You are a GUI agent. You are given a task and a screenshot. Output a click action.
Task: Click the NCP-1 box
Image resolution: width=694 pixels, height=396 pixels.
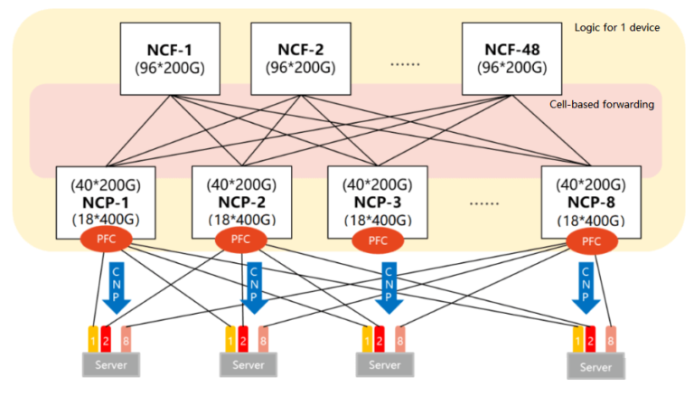pyautogui.click(x=106, y=201)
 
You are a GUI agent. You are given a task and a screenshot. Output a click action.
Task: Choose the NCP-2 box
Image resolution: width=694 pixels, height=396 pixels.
pyautogui.click(x=241, y=201)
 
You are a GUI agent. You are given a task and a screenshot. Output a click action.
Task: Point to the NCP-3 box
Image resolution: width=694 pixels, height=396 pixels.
pyautogui.click(x=377, y=201)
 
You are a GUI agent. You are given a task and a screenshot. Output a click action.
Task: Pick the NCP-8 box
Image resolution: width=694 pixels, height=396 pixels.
pyautogui.click(x=590, y=201)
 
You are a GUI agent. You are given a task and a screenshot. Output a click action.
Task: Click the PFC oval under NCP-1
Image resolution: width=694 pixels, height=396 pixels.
pyautogui.click(x=108, y=240)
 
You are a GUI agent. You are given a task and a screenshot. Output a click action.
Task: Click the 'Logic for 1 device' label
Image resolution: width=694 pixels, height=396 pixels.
pyautogui.click(x=616, y=27)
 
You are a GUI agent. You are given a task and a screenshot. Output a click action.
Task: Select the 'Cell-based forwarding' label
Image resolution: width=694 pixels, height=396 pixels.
pyautogui.click(x=602, y=104)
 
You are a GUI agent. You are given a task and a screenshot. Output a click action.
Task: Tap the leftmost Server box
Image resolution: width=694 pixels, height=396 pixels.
pyautogui.click(x=114, y=364)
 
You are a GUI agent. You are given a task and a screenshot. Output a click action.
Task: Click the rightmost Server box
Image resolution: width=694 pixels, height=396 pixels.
pyautogui.click(x=596, y=366)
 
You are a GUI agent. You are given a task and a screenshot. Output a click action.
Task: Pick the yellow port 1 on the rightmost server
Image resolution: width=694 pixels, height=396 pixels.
pyautogui.click(x=578, y=339)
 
